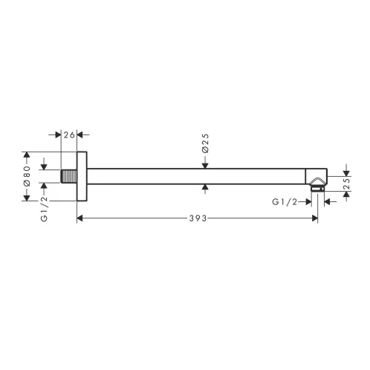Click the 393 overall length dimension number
click(198, 218)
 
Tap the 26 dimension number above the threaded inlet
click(69, 135)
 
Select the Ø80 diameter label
click(27, 176)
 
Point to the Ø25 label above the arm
click(205, 143)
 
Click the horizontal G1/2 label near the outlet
click(285, 202)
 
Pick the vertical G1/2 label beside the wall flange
click(44, 209)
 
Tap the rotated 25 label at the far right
click(347, 184)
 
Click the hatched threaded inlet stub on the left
click(69, 176)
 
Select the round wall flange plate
click(82, 176)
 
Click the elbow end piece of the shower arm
click(316, 176)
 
